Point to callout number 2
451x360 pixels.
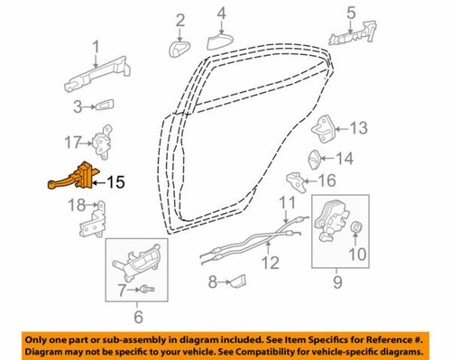tap(180, 19)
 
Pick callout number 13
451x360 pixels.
tap(359, 128)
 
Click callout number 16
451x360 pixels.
tap(341, 180)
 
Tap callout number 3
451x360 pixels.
tap(79, 106)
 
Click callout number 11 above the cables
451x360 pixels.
tap(287, 201)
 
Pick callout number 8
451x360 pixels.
tap(212, 283)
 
